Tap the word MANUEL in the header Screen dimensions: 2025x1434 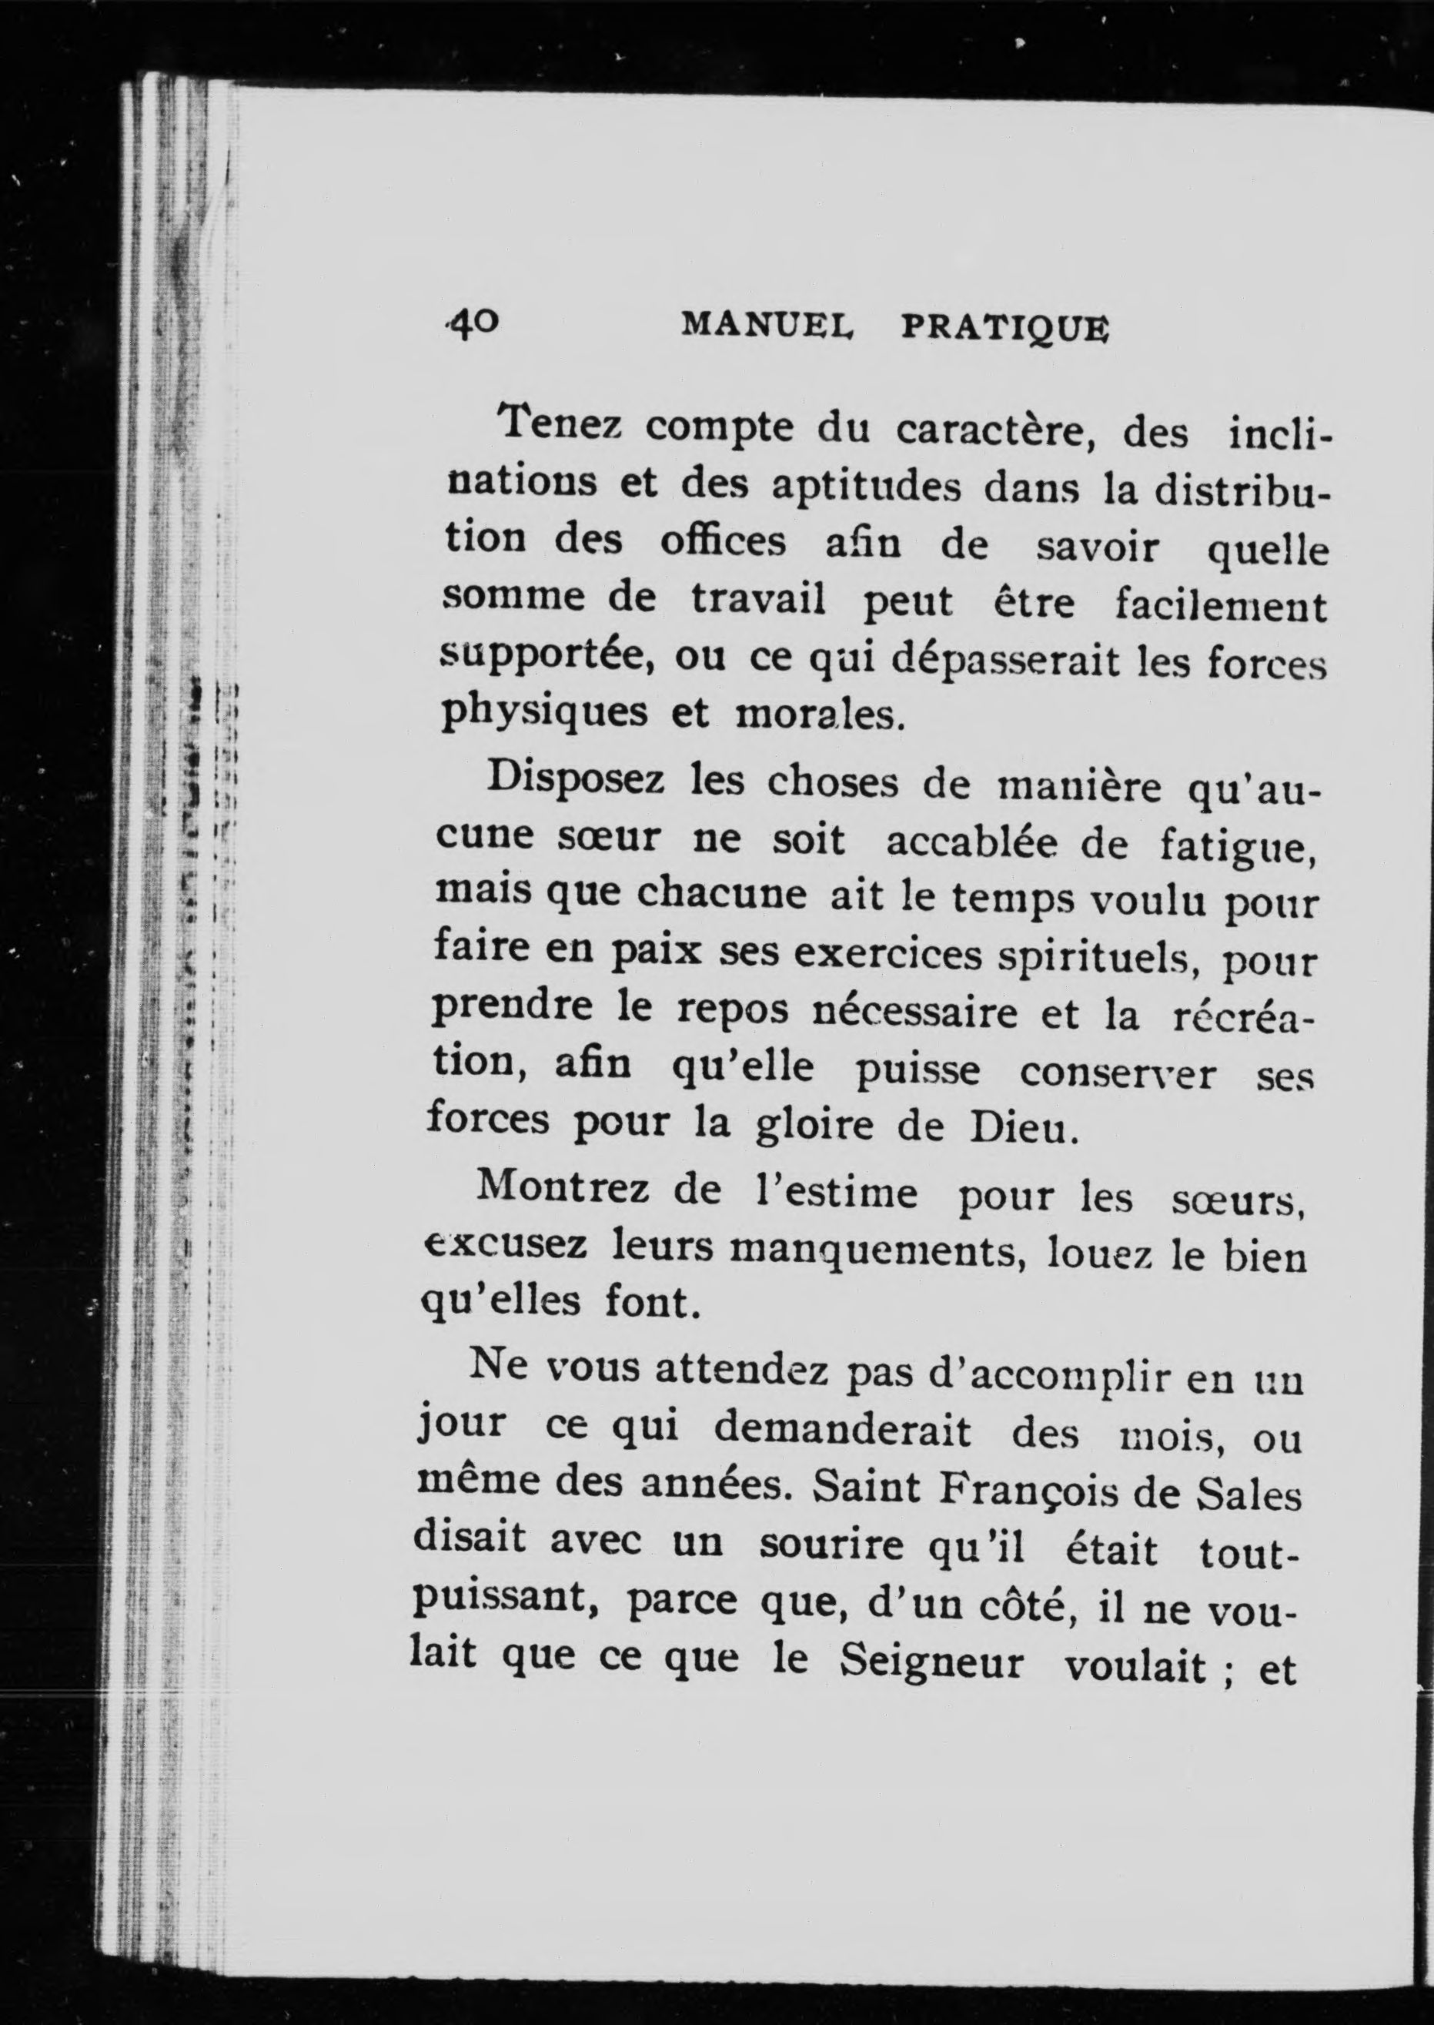click(x=767, y=326)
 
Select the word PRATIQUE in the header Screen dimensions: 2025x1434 click(x=1004, y=328)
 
